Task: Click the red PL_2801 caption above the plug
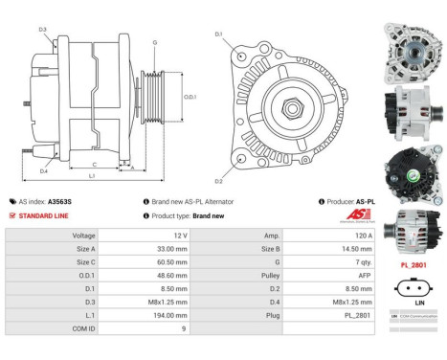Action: (x=413, y=263)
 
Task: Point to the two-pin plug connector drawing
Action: (x=413, y=283)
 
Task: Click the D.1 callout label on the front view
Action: (x=218, y=34)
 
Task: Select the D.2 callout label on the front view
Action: (x=218, y=181)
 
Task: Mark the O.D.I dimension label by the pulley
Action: (x=190, y=97)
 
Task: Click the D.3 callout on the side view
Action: (x=42, y=30)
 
